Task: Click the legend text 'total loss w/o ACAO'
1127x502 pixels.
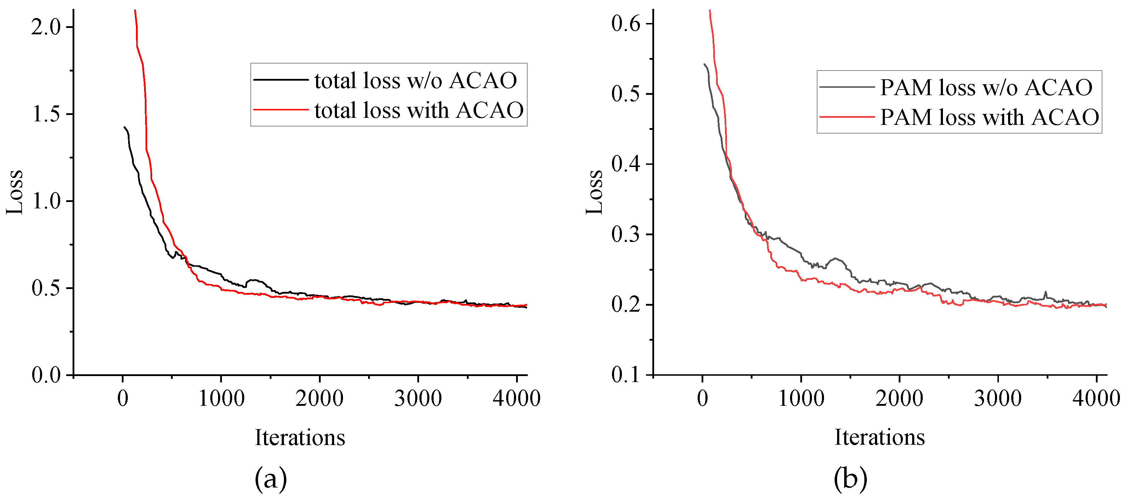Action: coord(416,80)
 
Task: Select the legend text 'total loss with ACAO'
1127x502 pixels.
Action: coord(419,110)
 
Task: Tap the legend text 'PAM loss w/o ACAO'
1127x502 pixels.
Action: coord(986,87)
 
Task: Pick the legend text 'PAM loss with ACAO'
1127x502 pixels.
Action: coord(989,117)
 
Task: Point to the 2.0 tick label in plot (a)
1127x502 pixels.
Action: coord(46,27)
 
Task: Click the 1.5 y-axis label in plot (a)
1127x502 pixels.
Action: coord(46,114)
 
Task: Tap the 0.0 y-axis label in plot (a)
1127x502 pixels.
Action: coord(46,375)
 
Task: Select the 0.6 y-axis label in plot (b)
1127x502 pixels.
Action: coord(626,23)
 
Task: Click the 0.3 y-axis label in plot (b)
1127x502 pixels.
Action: coord(626,235)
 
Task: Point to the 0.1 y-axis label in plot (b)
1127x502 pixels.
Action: coord(626,375)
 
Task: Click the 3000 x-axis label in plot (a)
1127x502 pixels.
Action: coord(418,398)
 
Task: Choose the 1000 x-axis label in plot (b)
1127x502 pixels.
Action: coord(801,398)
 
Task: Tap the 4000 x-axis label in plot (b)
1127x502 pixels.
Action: coord(1096,398)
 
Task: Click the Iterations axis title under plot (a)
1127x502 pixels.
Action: coord(300,437)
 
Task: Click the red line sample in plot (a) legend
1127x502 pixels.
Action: coord(281,109)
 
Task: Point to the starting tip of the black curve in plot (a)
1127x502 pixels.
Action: coord(125,127)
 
